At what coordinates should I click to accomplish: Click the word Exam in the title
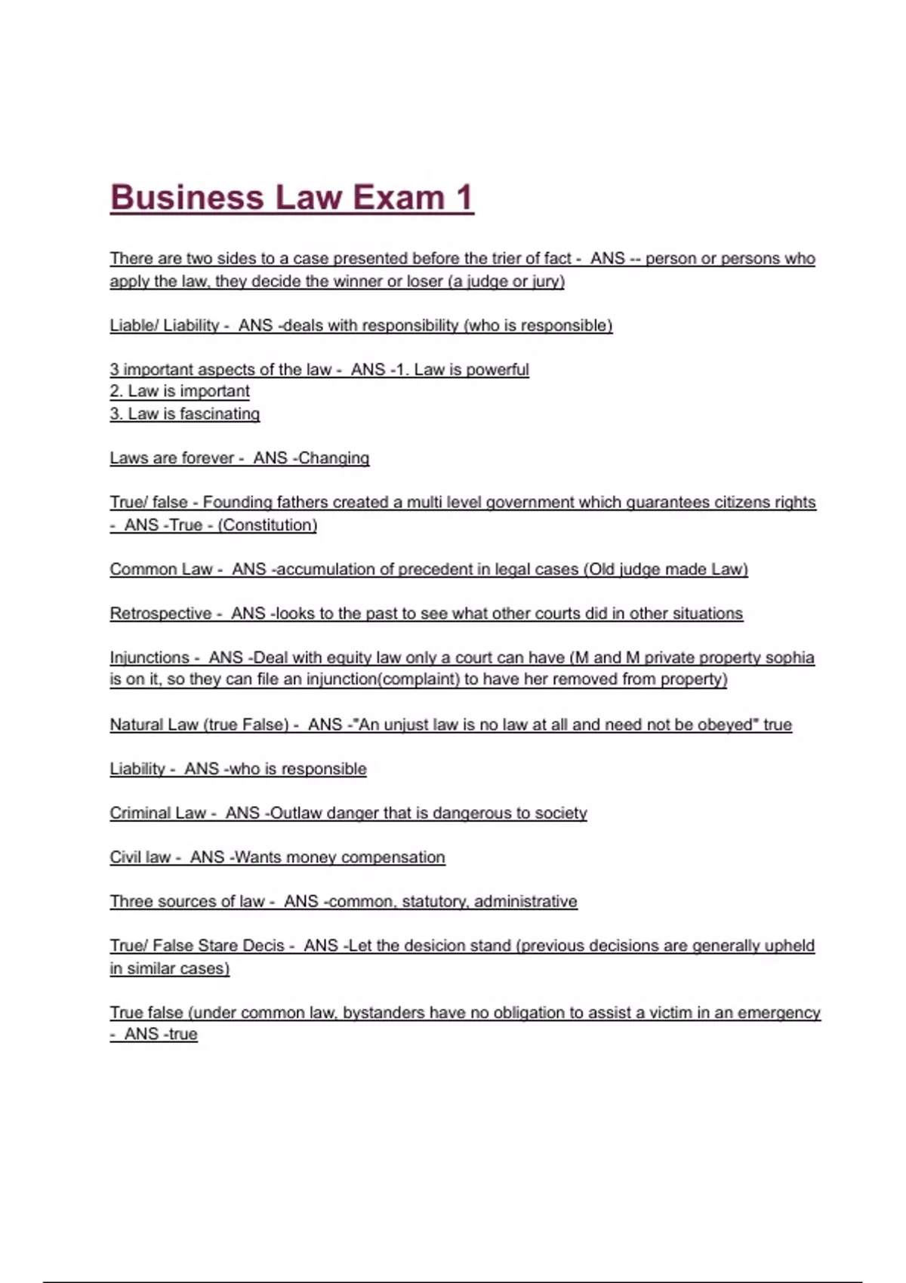pyautogui.click(x=399, y=198)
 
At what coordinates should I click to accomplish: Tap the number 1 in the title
pyautogui.click(x=464, y=198)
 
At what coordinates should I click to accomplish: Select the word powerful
pyautogui.click(x=498, y=370)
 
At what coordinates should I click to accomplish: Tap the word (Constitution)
pyautogui.click(x=267, y=525)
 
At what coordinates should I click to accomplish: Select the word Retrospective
pyautogui.click(x=161, y=614)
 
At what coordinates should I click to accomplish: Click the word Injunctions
pyautogui.click(x=149, y=657)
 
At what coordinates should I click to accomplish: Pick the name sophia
pyautogui.click(x=790, y=657)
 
